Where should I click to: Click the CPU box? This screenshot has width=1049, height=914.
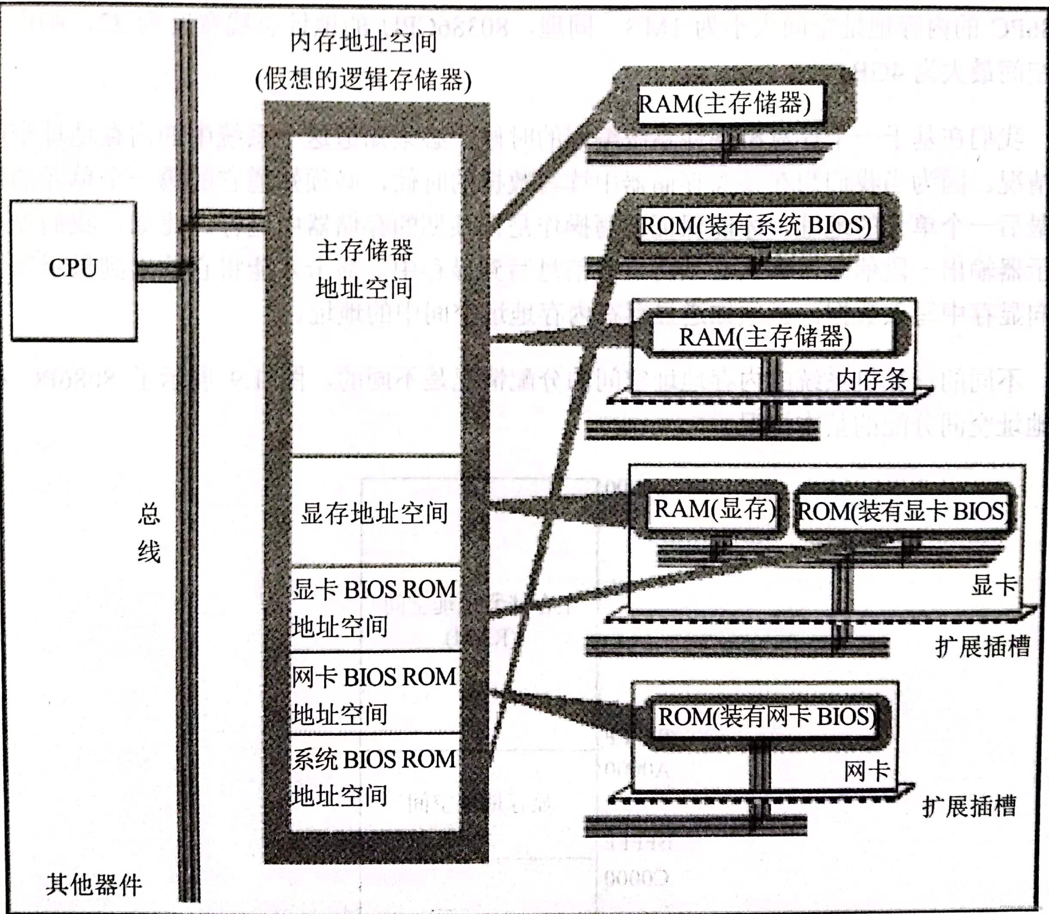point(74,270)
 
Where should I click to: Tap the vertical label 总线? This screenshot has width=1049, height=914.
point(149,533)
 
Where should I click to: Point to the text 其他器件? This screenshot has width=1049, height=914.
point(94,885)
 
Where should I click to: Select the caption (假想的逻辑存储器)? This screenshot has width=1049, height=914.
point(363,79)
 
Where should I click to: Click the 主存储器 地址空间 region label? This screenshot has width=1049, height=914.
point(365,269)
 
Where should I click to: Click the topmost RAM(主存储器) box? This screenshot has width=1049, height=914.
point(725,104)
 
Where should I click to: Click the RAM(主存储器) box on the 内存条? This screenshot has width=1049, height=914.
point(766,337)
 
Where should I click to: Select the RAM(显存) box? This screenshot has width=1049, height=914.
point(714,509)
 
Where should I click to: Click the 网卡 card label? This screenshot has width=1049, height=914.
point(867,771)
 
